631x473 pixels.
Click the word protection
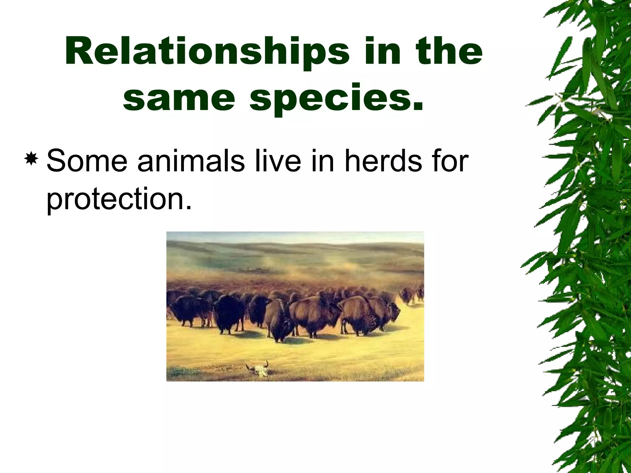(119, 199)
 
